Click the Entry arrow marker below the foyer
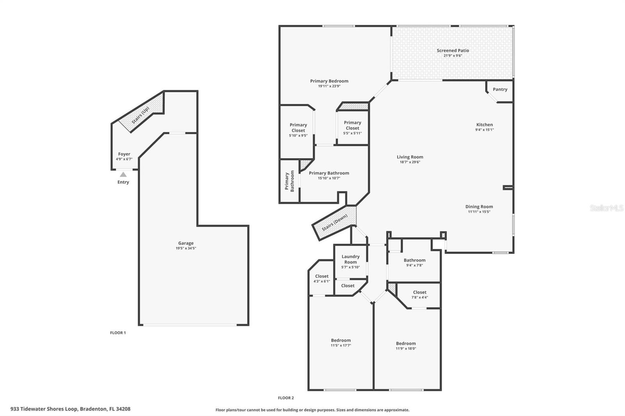pos(123,175)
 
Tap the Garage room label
pos(186,243)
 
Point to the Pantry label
pos(500,89)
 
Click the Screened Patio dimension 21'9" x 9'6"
pos(453,55)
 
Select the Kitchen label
pos(484,125)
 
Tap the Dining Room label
pos(479,207)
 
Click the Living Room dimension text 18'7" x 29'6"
pos(410,162)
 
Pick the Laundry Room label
pos(350,259)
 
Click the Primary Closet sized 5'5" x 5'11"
pos(352,125)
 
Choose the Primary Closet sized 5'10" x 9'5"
pos(298,128)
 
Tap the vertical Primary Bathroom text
pos(289,181)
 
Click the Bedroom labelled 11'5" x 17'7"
pos(341,340)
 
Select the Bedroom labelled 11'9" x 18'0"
pos(406,343)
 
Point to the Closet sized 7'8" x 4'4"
pos(420,292)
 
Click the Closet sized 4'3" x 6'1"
pos(321,276)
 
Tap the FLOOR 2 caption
pos(286,398)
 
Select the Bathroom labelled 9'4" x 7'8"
pos(414,260)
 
